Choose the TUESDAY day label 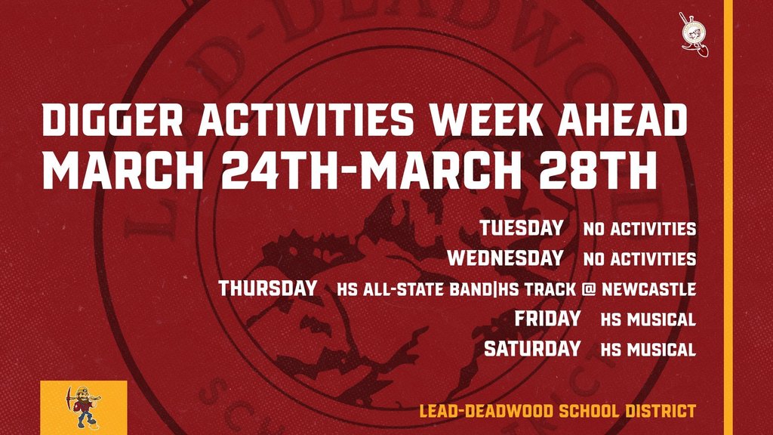[521, 228]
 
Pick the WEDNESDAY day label [504, 258]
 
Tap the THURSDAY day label [267, 288]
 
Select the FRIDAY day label [547, 319]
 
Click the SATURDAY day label [532, 349]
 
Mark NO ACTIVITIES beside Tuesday [639, 229]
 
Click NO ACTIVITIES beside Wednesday [639, 259]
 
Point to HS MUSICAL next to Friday [648, 319]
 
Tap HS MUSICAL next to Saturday [648, 350]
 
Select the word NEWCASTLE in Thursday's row [653, 289]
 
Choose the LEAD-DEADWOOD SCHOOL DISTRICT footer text [557, 412]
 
